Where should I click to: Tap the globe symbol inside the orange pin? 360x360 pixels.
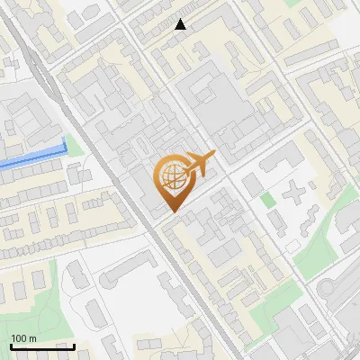point(171,175)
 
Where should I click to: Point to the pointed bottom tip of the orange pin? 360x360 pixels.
point(171,211)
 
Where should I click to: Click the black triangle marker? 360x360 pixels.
point(181,24)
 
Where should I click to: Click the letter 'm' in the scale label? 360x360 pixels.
point(32,338)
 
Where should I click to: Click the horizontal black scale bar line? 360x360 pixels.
point(42,346)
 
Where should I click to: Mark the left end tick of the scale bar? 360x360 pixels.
point(11,345)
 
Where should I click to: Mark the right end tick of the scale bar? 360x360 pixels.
point(74,345)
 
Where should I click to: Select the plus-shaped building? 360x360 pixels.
point(295,192)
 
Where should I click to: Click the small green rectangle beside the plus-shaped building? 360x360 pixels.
point(268,199)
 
